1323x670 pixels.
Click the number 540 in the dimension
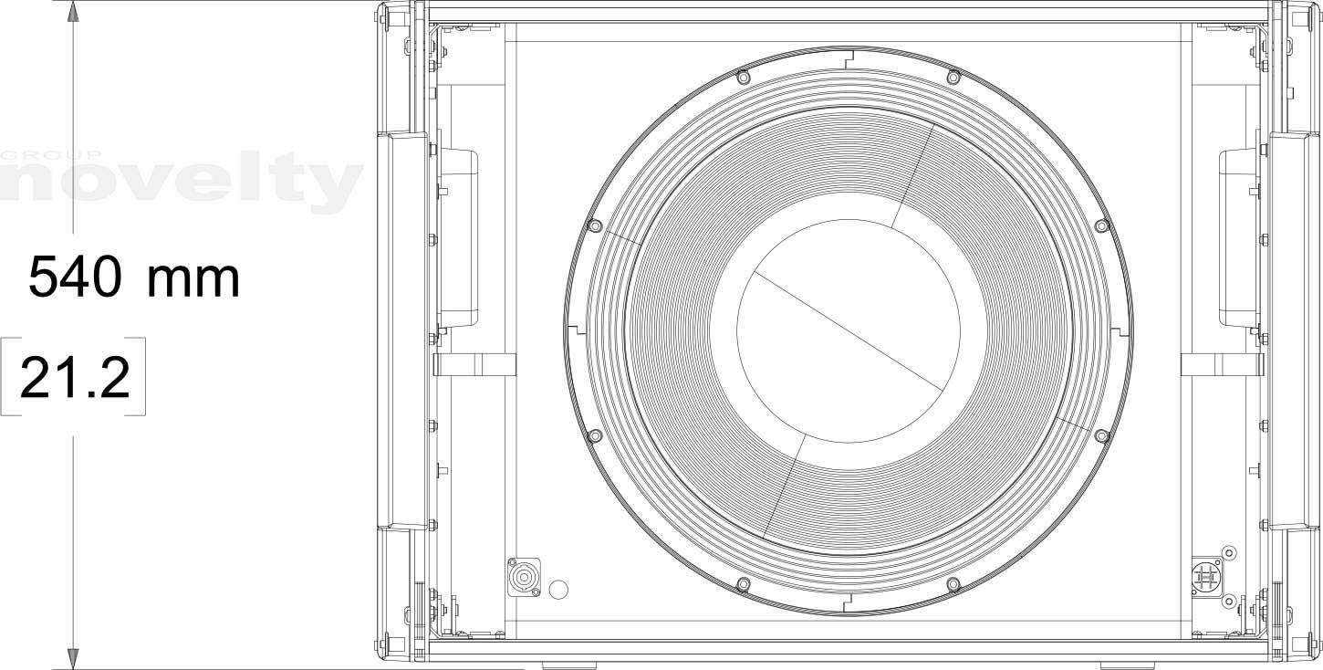[x=75, y=277]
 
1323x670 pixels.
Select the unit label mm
[x=193, y=279]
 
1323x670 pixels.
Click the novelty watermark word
[x=181, y=182]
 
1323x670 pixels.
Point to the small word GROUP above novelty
[x=51, y=155]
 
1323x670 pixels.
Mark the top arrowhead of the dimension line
[x=73, y=11]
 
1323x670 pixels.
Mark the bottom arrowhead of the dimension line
[x=73, y=659]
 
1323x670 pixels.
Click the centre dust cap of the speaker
[x=849, y=330]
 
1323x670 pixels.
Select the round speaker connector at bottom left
[x=524, y=577]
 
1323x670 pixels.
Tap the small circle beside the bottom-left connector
[x=558, y=589]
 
